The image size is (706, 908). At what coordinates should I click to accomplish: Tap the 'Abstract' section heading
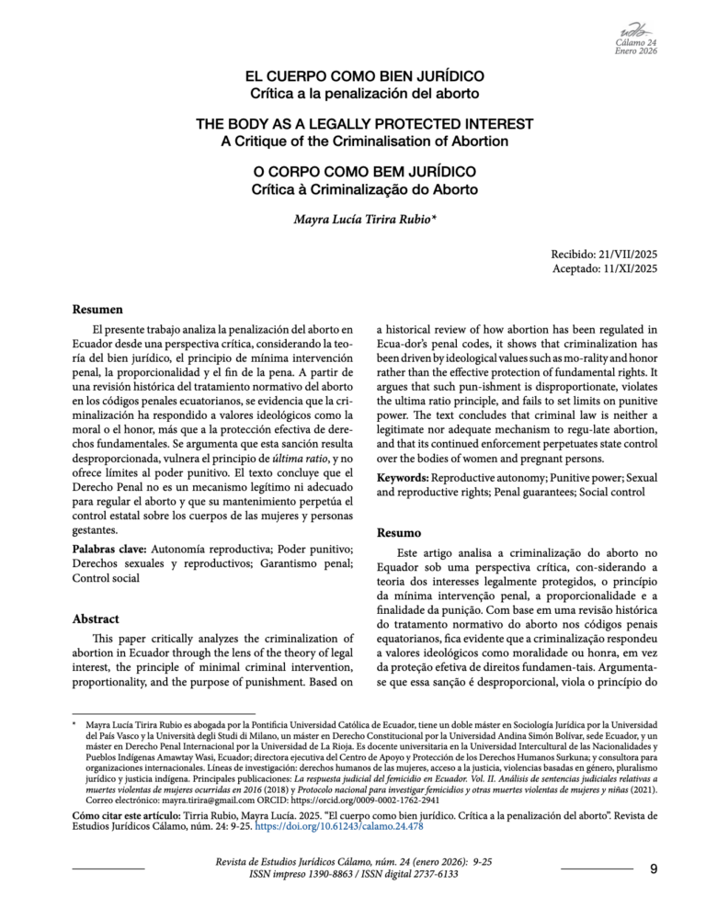coord(97,619)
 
